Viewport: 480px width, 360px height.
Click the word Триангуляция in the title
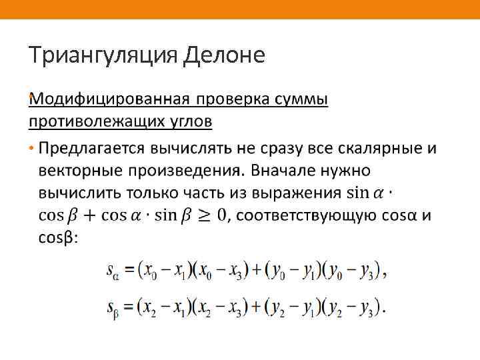103,55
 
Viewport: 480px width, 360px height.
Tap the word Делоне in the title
224,55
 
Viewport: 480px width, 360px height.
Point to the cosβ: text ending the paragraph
59,238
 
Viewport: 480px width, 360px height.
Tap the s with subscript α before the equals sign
113,271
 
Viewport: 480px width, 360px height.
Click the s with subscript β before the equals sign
113,308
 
